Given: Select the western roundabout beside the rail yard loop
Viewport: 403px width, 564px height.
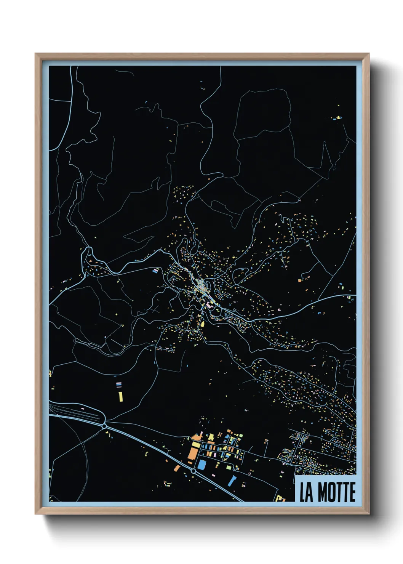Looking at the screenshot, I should pyautogui.click(x=104, y=426).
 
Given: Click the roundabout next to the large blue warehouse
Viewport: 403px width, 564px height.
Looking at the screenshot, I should pyautogui.click(x=193, y=471).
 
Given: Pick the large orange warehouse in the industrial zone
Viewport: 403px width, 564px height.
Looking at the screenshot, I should pyautogui.click(x=193, y=453).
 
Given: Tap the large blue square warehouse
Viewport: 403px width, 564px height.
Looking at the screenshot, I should pyautogui.click(x=201, y=465).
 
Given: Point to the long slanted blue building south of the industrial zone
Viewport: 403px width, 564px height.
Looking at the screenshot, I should pyautogui.click(x=232, y=481).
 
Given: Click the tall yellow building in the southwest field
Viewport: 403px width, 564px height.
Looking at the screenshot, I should pyautogui.click(x=120, y=397).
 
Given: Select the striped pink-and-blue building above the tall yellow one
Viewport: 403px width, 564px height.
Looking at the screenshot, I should pyautogui.click(x=119, y=385).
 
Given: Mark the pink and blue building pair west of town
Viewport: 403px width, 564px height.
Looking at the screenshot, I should pyautogui.click(x=155, y=271).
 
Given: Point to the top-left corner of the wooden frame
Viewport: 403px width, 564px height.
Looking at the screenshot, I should pyautogui.click(x=35, y=54).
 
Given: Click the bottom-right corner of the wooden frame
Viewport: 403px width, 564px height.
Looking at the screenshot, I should pyautogui.click(x=369, y=514).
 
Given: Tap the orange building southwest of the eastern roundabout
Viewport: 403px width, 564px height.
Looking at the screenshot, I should pyautogui.click(x=177, y=468).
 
